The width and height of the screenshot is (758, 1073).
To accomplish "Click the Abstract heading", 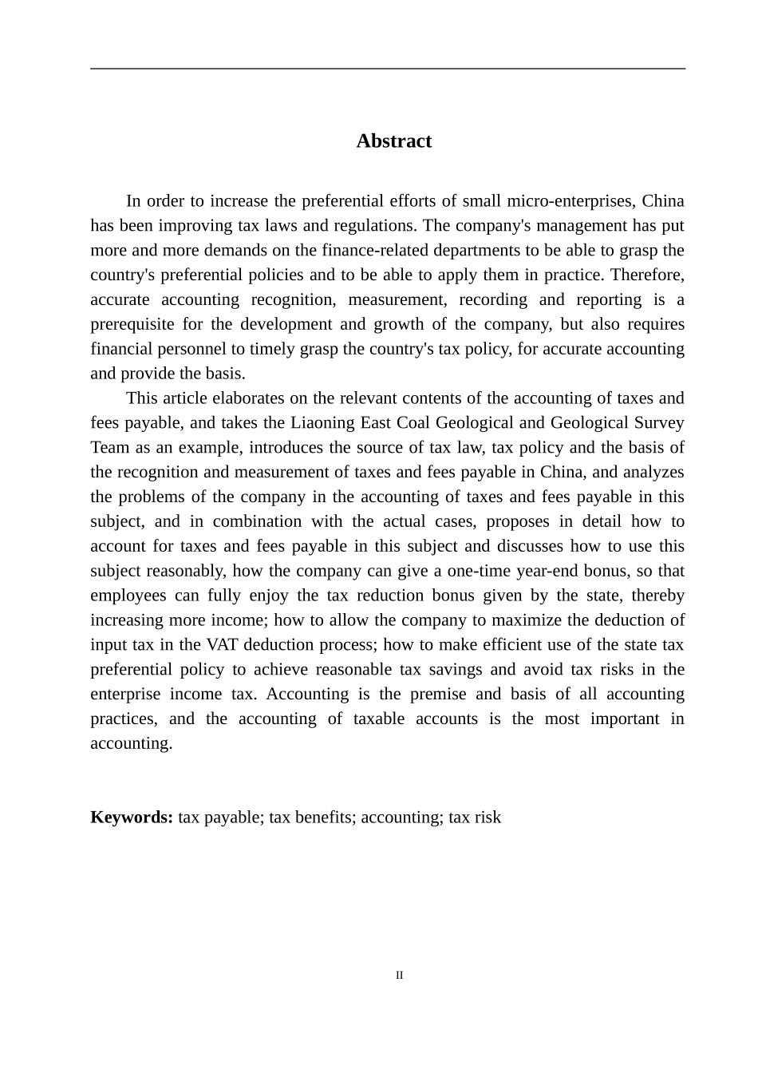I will coord(393,141).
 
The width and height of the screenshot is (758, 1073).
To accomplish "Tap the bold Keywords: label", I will coord(132,818).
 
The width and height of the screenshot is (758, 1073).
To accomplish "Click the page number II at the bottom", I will coord(400,976).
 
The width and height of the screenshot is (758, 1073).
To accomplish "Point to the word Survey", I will coord(657,422).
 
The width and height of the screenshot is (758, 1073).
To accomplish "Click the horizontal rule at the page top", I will coord(388,69).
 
